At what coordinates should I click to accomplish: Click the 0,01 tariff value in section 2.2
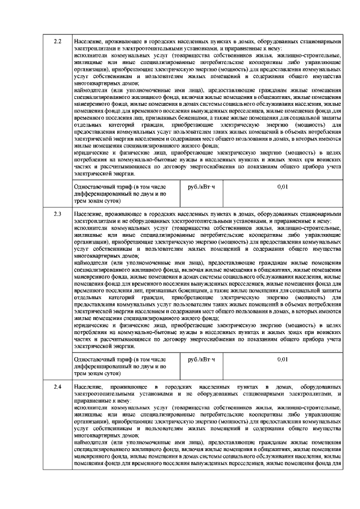(x=283, y=186)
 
